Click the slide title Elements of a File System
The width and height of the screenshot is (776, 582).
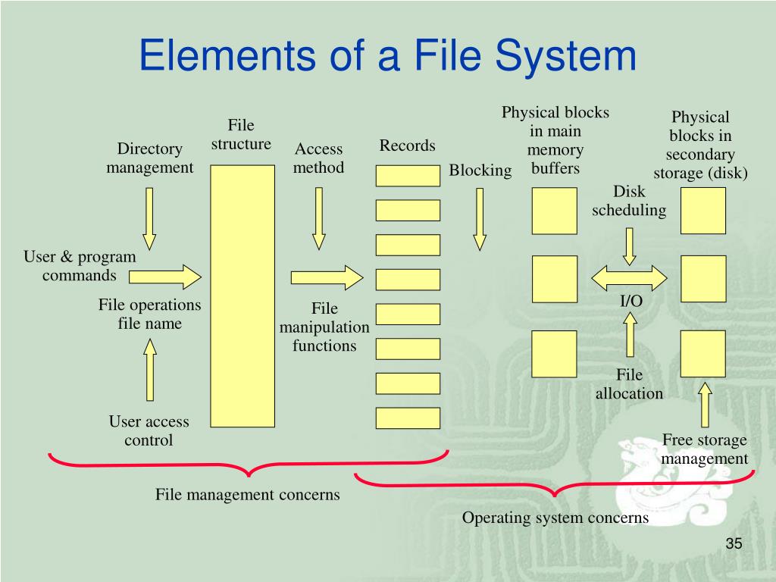(387, 57)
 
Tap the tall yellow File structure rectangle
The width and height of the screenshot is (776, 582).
(242, 296)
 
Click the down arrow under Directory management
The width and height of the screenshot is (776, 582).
(149, 218)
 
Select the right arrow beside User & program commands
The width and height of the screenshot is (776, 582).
(164, 277)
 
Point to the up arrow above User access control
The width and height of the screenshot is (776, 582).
(150, 369)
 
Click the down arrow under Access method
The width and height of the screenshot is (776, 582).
(319, 218)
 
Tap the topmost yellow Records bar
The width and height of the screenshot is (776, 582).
(408, 175)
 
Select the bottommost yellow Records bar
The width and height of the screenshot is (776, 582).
(408, 418)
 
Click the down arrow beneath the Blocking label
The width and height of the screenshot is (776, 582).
(480, 218)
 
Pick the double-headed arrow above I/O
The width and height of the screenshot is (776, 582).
(628, 277)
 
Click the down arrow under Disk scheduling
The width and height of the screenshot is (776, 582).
(629, 246)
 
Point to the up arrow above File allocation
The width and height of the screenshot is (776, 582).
(630, 334)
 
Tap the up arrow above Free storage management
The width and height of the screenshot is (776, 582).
(705, 405)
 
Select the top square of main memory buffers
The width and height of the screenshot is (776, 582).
(554, 211)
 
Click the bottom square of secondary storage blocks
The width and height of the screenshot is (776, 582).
(703, 353)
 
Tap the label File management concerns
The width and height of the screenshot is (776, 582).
(248, 495)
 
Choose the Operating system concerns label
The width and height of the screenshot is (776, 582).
(555, 518)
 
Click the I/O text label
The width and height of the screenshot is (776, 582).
(631, 301)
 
